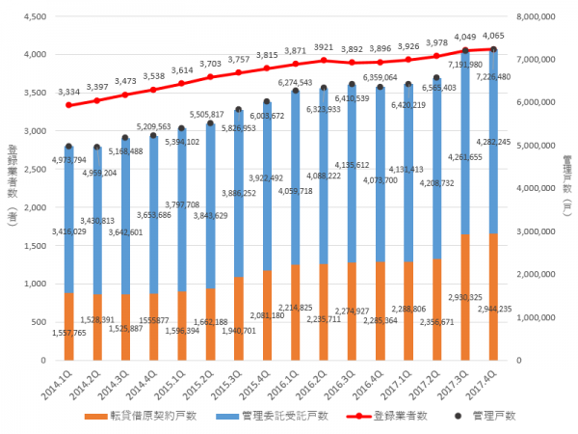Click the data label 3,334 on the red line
69,91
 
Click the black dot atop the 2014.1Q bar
69,147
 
